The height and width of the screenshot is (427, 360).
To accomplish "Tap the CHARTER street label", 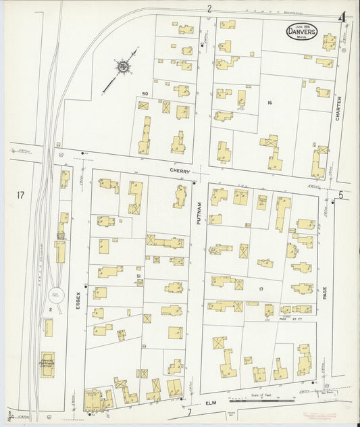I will tap(338, 108).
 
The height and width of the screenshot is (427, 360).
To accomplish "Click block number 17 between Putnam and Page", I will tap(260, 288).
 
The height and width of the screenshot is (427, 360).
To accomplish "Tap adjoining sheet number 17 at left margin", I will tap(21, 195).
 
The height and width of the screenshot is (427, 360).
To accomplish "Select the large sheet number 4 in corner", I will tap(343, 18).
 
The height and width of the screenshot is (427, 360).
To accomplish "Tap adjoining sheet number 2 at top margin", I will tap(209, 9).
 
